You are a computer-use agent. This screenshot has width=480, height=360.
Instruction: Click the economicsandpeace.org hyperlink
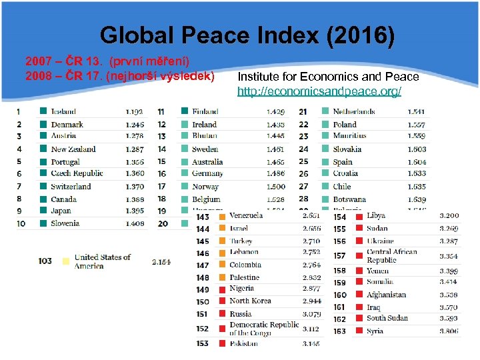tap(319, 91)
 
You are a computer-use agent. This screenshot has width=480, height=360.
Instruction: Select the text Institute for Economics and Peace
tap(328, 77)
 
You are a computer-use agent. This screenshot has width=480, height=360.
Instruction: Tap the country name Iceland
tap(63, 112)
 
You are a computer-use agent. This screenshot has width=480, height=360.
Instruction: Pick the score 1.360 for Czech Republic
tap(135, 174)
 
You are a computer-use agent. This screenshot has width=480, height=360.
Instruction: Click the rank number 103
tap(45, 261)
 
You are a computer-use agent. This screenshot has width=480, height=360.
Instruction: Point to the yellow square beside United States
tap(65, 261)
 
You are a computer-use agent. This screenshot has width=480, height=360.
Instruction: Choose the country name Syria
tap(375, 331)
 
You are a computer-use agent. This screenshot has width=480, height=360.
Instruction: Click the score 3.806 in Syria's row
tap(449, 331)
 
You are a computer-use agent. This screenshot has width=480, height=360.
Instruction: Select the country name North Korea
tap(250, 301)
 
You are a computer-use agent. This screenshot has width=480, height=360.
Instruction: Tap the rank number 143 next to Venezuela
tap(203, 217)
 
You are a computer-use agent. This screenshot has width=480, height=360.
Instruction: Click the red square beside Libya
tap(358, 217)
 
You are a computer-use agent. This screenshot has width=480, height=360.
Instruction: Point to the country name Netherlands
tap(354, 112)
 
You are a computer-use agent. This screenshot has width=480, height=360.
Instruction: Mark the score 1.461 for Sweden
tap(275, 149)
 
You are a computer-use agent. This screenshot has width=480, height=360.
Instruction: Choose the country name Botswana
tap(349, 199)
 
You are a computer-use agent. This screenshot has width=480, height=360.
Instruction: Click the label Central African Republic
tap(391, 256)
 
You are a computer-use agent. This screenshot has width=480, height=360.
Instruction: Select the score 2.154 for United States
tap(161, 262)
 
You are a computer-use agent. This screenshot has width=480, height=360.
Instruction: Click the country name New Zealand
tap(73, 149)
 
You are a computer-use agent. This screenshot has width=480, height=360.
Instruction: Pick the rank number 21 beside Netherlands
tap(303, 112)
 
